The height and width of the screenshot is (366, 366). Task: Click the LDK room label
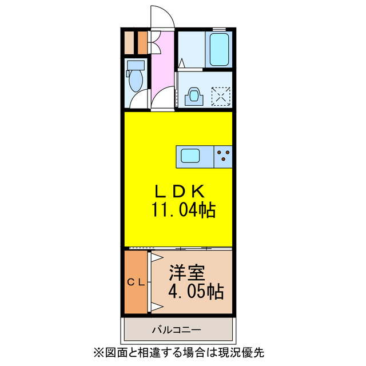pyautogui.click(x=177, y=191)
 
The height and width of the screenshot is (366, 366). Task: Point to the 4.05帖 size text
pyautogui.click(x=195, y=292)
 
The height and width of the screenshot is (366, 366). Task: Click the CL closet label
pyautogui.click(x=136, y=281)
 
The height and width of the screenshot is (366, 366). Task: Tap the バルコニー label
pyautogui.click(x=176, y=330)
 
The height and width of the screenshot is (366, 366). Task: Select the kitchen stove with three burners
pyautogui.click(x=224, y=156)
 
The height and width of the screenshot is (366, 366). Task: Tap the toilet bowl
pyautogui.click(x=136, y=80)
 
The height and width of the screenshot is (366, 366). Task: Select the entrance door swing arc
pyautogui.click(x=161, y=16)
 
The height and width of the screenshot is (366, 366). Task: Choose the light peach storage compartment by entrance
pyautogui.click(x=141, y=41)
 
